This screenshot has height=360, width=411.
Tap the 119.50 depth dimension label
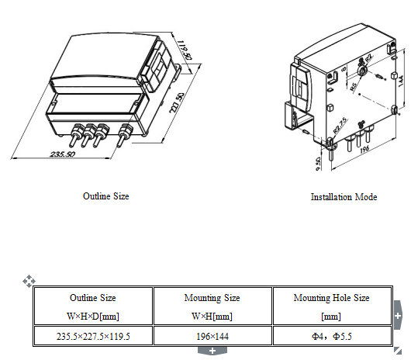[183, 50]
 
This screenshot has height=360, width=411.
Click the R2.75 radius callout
[339, 123]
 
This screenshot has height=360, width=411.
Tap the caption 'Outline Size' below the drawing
[105, 196]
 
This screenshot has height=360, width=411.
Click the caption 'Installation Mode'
[344, 197]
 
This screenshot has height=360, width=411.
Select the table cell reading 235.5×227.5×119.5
[93, 336]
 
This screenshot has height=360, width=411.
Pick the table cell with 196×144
[212, 336]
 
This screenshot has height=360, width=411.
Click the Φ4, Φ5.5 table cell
[331, 336]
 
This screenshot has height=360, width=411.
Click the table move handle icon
[28, 280]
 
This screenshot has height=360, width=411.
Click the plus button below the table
[212, 351]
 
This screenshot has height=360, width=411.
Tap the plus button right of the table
[398, 317]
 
